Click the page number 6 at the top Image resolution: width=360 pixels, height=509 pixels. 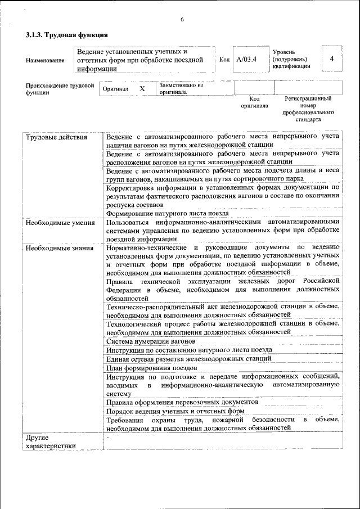pos(182,20)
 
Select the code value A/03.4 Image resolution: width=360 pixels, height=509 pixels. pos(246,60)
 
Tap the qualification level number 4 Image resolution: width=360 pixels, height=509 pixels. pos(332,59)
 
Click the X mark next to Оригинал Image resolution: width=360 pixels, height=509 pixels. pos(142,89)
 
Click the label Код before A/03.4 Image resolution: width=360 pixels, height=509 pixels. pos(224,60)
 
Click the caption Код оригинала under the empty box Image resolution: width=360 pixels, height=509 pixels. pos(254,102)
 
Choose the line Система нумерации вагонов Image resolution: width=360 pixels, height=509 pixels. pos(151,341)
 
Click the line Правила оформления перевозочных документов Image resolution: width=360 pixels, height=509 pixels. pos(182,402)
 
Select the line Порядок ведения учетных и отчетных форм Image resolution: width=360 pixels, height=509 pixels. pos(175,411)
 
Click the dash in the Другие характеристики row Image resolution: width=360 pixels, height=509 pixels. pos(107,437)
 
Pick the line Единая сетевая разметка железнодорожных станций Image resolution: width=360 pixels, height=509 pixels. pos(188,358)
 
